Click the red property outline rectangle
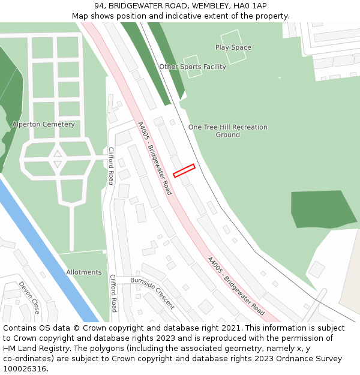[184, 170]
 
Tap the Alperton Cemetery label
[43, 124]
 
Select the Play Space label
[233, 47]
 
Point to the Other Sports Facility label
[193, 67]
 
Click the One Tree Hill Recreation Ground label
[227, 131]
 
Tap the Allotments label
[83, 272]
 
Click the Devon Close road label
[29, 297]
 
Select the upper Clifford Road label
[111, 166]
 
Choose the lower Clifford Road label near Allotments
[112, 293]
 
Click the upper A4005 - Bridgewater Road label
[154, 158]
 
